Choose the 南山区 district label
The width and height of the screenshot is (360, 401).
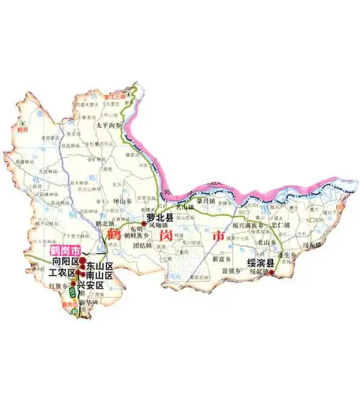coord(100,276)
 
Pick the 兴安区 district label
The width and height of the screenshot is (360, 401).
coord(91,285)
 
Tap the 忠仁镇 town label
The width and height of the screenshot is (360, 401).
coord(279,225)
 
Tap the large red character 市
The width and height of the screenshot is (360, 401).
coord(215,235)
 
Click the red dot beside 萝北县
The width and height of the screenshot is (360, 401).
coord(144,225)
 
